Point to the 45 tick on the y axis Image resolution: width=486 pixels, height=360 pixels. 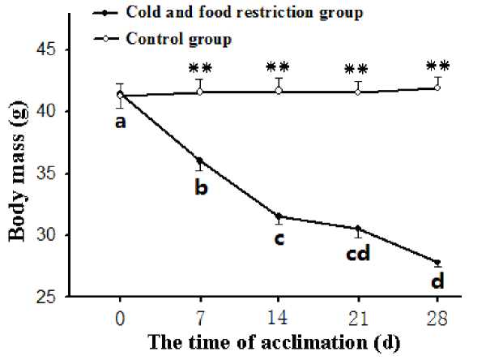coord(53,50)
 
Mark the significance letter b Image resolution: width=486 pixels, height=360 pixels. coord(201,188)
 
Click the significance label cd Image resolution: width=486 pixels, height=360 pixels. coord(359,255)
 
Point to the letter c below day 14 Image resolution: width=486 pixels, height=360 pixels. coord(279,240)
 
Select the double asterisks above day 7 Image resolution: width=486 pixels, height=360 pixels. coord(200,68)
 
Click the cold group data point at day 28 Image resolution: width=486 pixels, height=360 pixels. coord(437,263)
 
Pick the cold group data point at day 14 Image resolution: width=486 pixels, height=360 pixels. coord(279,216)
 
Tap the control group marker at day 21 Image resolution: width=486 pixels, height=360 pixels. coord(358,92)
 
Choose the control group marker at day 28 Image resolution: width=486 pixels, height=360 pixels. coord(437,88)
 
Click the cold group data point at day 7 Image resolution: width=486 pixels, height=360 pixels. coord(200,161)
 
